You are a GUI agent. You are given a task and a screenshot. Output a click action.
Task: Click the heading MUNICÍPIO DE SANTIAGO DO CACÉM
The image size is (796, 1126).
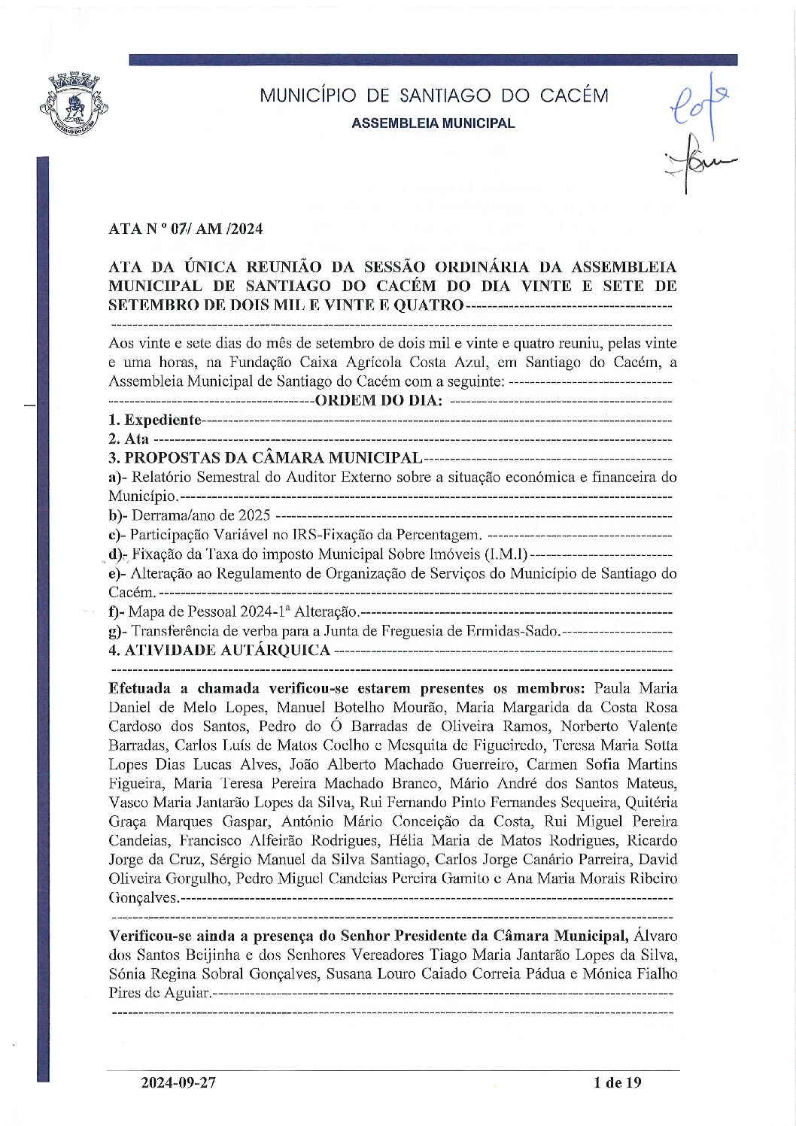[x=434, y=96]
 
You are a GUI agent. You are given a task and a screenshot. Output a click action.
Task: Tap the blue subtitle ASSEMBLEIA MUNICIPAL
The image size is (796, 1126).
[x=433, y=123]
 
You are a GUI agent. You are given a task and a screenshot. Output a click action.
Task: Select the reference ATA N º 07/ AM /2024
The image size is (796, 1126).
[x=185, y=229]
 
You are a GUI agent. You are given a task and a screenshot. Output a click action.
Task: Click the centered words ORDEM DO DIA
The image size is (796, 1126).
[x=378, y=400]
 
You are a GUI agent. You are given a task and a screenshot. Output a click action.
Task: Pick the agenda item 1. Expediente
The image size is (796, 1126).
[x=155, y=420]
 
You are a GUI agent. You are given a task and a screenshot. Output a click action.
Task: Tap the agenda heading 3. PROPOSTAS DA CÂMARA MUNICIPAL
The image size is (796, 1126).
[x=265, y=458]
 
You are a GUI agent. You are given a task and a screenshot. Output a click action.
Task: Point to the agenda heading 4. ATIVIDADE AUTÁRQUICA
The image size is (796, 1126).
[x=219, y=650]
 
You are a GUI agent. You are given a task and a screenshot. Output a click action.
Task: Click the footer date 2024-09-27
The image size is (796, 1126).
[x=178, y=1082]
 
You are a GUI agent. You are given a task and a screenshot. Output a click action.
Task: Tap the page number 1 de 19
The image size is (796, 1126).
[x=617, y=1082]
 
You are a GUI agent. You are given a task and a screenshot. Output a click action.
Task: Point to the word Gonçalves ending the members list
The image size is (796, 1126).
[x=143, y=897]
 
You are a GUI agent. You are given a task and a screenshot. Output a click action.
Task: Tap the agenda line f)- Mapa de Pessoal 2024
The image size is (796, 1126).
[x=233, y=612]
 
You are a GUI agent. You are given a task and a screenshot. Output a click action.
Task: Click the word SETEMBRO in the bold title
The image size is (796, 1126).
[x=150, y=305]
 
